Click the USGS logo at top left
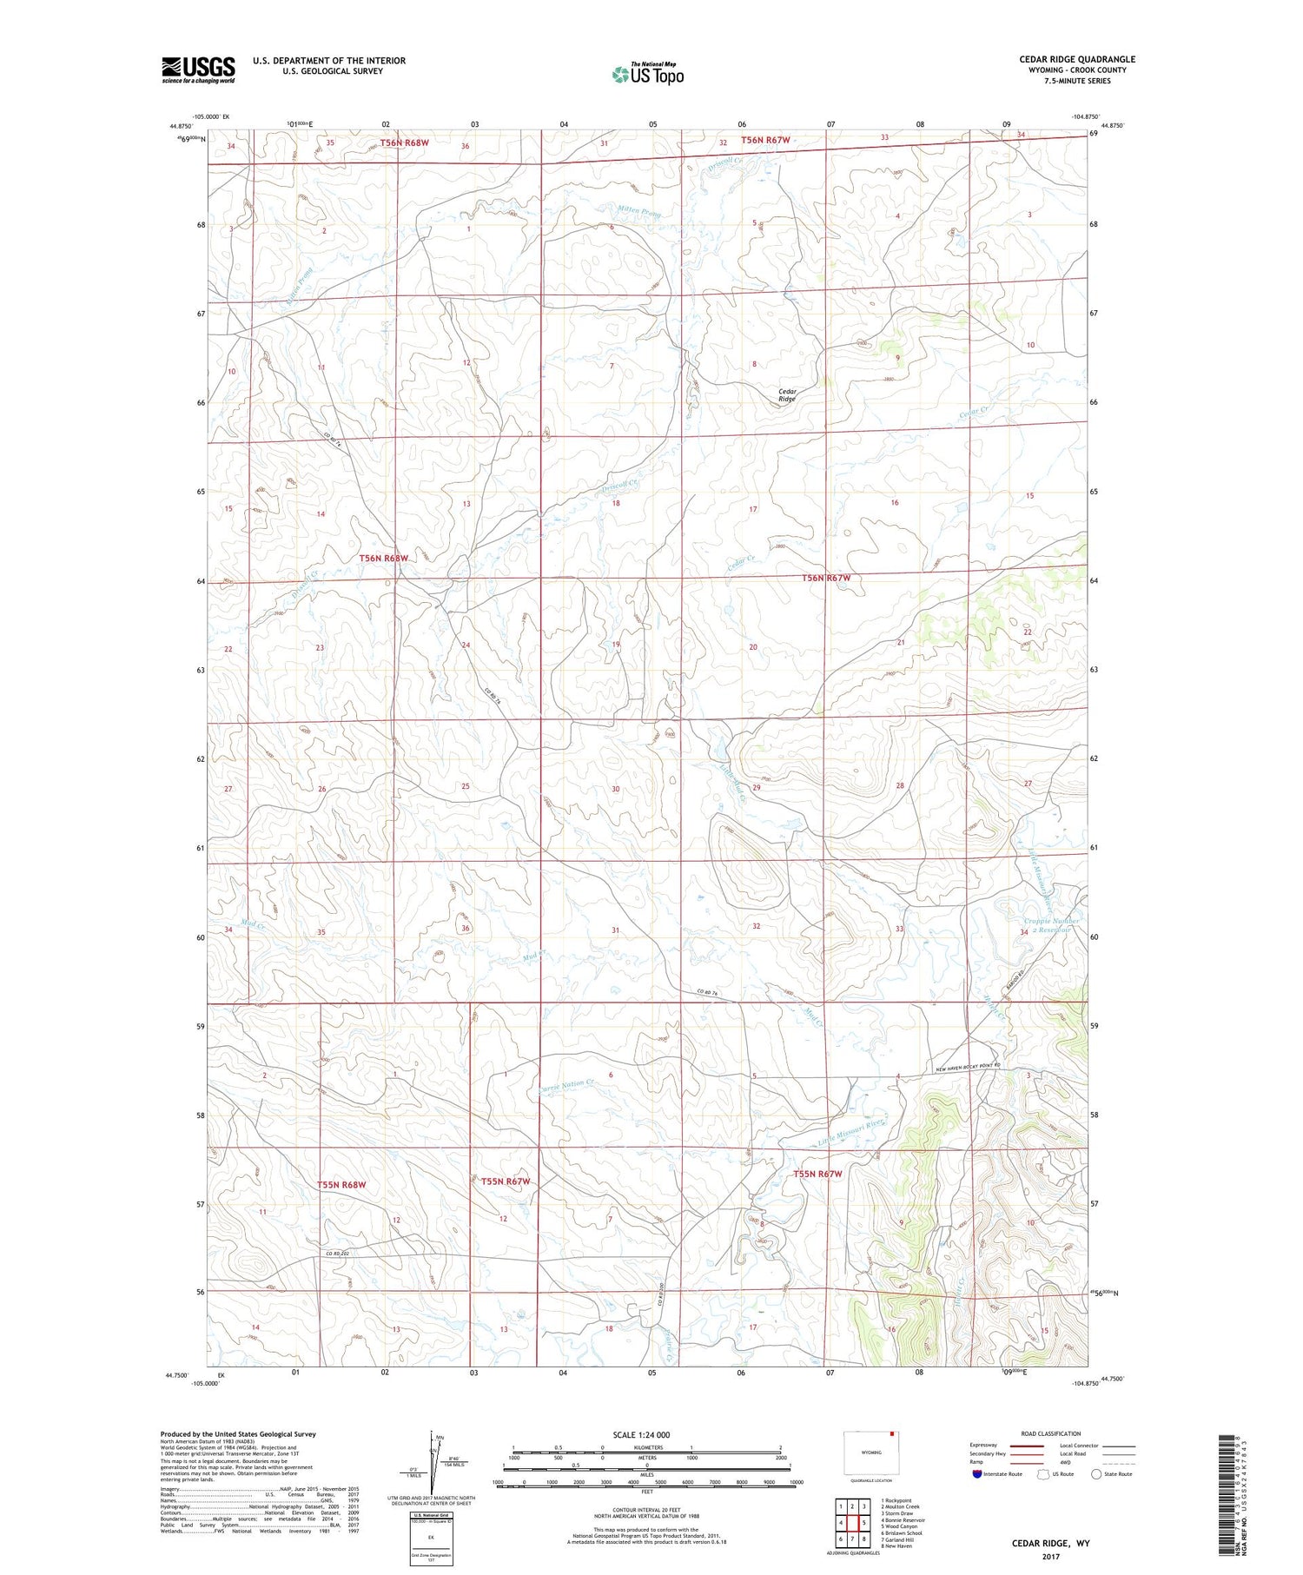198,69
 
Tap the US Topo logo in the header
647,75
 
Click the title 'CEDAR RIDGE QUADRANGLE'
1077,59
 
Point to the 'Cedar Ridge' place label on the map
787,395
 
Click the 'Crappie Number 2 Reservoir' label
1051,925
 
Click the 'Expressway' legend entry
988,1446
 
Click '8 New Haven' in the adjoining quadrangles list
897,1546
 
